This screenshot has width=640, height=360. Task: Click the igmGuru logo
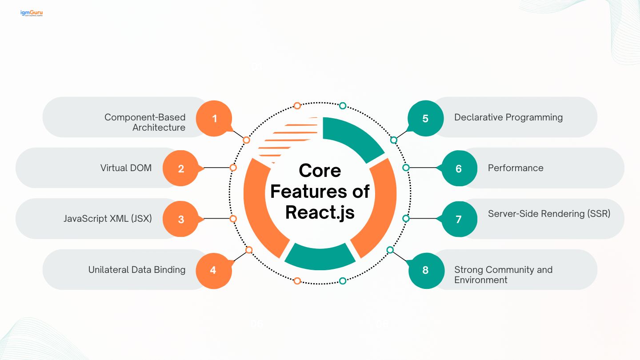click(x=31, y=13)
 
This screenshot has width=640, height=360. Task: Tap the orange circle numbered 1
click(x=215, y=119)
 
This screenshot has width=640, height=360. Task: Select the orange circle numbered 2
click(x=181, y=168)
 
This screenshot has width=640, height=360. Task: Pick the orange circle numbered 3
click(x=181, y=219)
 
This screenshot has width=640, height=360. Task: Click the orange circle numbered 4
click(x=213, y=270)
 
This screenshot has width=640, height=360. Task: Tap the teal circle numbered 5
click(x=425, y=119)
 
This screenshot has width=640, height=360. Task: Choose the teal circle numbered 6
click(x=459, y=168)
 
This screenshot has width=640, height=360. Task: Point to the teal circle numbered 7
click(x=459, y=219)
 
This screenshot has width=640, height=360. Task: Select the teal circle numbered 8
click(x=425, y=270)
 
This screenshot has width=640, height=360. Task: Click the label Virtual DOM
click(x=126, y=168)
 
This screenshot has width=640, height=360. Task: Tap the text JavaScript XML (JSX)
click(x=108, y=219)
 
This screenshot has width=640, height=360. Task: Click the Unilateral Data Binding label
click(x=137, y=270)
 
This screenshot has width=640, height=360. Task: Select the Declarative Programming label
click(x=508, y=117)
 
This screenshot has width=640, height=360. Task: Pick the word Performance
click(x=516, y=168)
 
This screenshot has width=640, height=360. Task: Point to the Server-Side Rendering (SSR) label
click(x=549, y=214)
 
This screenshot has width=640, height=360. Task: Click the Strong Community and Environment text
click(x=503, y=275)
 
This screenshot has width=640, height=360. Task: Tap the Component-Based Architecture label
click(x=145, y=122)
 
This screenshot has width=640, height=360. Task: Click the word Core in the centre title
click(x=320, y=171)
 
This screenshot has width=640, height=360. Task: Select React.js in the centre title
click(x=320, y=212)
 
